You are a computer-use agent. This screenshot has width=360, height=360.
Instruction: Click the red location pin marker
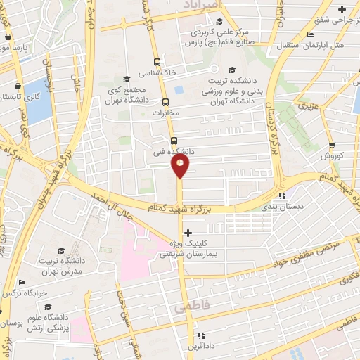point(180,166)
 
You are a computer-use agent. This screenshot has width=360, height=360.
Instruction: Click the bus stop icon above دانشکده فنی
point(174,139)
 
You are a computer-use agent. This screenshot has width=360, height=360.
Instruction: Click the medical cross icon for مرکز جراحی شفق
point(342,9)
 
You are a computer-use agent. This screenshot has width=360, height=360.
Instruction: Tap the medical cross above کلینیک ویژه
point(188,231)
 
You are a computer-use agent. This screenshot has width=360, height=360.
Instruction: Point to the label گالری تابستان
point(21,94)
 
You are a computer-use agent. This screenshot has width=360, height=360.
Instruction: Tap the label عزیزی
point(308,107)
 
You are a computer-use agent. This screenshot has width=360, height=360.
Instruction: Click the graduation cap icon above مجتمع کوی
point(127,79)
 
